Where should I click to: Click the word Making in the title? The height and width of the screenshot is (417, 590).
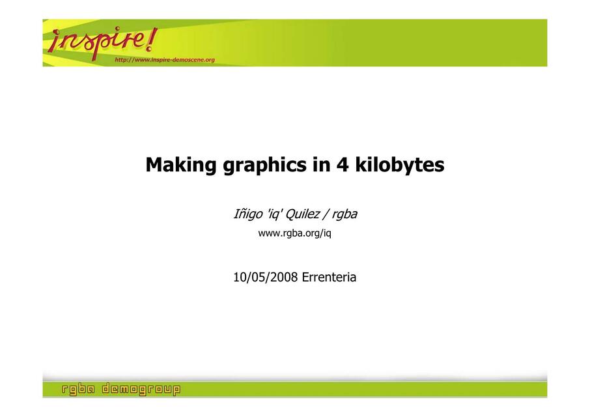pos(180,165)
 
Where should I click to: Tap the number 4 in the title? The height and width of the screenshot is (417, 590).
pos(343,165)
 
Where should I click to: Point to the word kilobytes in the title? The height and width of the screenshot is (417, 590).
pos(400,165)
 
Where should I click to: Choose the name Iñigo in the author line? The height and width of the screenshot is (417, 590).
pos(248,214)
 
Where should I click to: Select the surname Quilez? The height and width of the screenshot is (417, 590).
pos(303,214)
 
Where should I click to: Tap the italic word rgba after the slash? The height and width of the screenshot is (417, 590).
pos(344,214)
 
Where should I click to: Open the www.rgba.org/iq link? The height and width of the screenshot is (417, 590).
pos(294,233)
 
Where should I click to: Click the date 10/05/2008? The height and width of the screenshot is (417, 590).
pos(266,277)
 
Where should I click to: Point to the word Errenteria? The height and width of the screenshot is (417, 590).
pos(329,277)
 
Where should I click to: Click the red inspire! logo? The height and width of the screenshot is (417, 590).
pos(102,42)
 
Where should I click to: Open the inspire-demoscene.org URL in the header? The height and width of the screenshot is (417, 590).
pos(165,59)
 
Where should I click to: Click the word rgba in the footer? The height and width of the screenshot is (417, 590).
pos(78,389)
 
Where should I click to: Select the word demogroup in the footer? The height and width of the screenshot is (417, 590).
pos(141,389)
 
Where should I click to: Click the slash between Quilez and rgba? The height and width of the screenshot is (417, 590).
pos(326,214)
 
